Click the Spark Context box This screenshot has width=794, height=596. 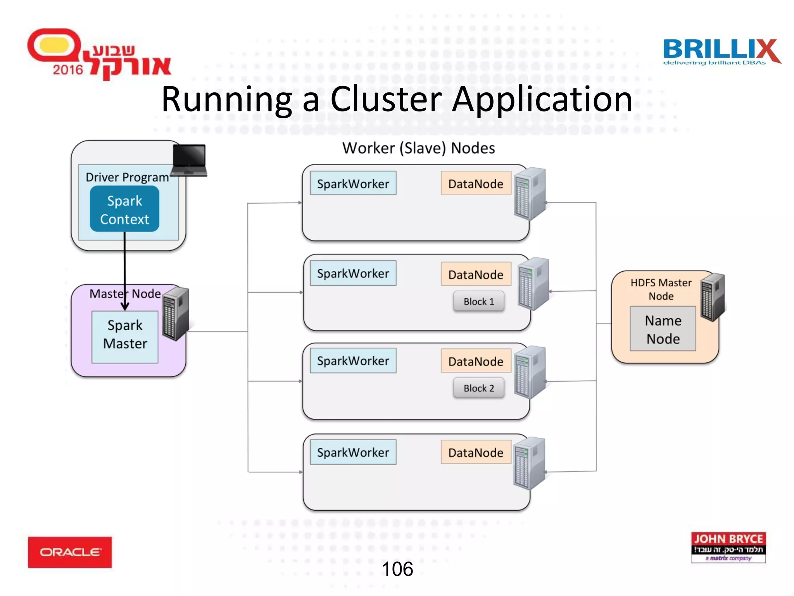coord(124,209)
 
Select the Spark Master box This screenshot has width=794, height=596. coord(125,337)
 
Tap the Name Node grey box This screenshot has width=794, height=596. coord(663,329)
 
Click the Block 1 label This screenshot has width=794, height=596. coord(479,301)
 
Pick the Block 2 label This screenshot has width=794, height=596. coord(479,388)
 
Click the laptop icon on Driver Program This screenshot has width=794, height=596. coord(189,160)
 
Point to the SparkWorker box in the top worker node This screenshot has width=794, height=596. coord(353,184)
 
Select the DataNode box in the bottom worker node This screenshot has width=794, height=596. coord(476,452)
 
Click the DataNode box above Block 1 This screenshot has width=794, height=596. coord(476,275)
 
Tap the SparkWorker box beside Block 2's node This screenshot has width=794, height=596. coord(353,361)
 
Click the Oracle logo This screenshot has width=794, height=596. coord(70,552)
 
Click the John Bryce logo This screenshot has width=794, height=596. coord(728,547)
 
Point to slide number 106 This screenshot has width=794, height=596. coord(397,569)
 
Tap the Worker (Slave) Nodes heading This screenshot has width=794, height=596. coord(418,148)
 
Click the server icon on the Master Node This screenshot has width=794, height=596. coord(176,314)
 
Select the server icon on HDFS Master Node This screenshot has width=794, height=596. coord(713,297)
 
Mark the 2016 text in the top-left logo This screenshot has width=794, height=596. coord(68,70)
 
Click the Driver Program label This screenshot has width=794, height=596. coord(127,177)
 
